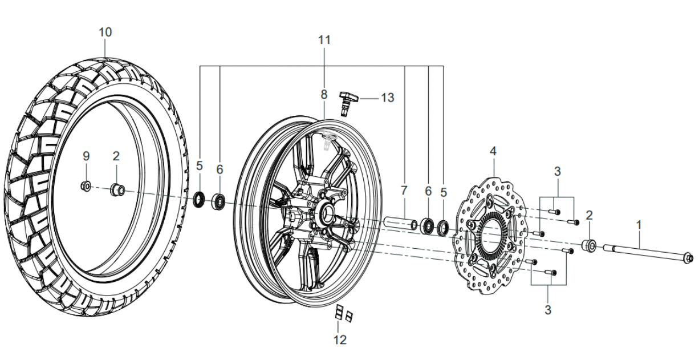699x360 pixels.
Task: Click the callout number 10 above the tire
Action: pos(105,32)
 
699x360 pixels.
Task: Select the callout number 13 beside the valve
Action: pos(387,98)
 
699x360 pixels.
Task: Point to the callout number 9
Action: pos(86,156)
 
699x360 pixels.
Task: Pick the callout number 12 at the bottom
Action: pos(340,340)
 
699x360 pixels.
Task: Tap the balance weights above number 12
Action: pos(342,313)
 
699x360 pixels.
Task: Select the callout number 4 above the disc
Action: pos(493,152)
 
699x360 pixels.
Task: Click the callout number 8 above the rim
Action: pos(324,94)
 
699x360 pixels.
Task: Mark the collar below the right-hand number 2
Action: pos(589,246)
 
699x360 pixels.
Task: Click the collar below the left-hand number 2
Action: pos(117,190)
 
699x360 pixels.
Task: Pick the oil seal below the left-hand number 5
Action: pos(200,200)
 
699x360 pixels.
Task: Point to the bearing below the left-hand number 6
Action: pos(218,202)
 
